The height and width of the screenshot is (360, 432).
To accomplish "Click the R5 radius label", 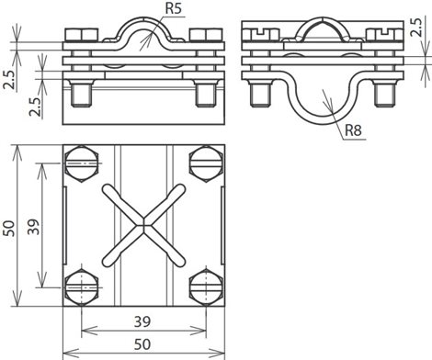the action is point(174,8).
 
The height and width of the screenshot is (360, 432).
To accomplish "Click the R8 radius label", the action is point(353,130).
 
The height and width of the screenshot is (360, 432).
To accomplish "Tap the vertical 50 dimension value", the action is point(9,228).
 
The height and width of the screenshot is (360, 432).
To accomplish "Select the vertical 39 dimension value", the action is point(33,227).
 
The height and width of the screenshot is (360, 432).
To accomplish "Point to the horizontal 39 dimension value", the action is point(142,321).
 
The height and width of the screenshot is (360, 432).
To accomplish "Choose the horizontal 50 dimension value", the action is point(142,344).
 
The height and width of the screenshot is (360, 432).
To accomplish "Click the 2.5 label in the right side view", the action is point(416,27).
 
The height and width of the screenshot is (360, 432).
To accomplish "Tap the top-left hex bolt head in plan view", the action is point(82,163).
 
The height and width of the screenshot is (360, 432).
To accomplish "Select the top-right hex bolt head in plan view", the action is point(206,163).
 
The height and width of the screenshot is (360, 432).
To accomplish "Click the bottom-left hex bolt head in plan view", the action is point(82,287).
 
